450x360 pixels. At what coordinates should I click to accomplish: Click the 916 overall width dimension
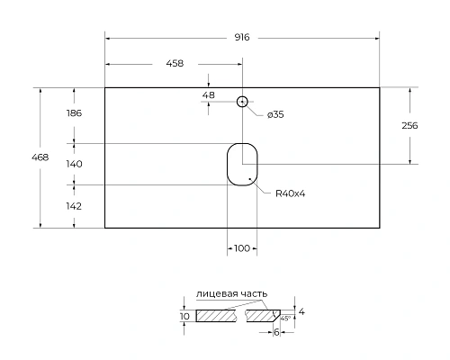coord(240,37)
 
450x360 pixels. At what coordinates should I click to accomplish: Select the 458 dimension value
coord(175,64)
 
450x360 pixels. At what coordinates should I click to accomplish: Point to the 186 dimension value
coord(75,113)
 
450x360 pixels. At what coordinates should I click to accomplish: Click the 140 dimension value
coord(75,164)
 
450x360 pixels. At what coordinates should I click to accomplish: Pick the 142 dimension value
coord(75,206)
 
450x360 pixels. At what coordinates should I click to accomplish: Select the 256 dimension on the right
coord(409,126)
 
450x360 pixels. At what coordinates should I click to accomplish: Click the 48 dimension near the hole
coord(208,94)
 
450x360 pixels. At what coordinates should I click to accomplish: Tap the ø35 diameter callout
coord(277,113)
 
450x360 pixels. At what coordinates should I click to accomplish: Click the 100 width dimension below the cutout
coord(241,247)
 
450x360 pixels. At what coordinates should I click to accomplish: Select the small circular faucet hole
coord(241,102)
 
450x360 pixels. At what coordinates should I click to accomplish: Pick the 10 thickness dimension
coord(185,317)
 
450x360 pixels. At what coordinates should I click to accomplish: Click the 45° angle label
coord(284,319)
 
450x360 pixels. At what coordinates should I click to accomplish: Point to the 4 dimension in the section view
coord(302,312)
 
